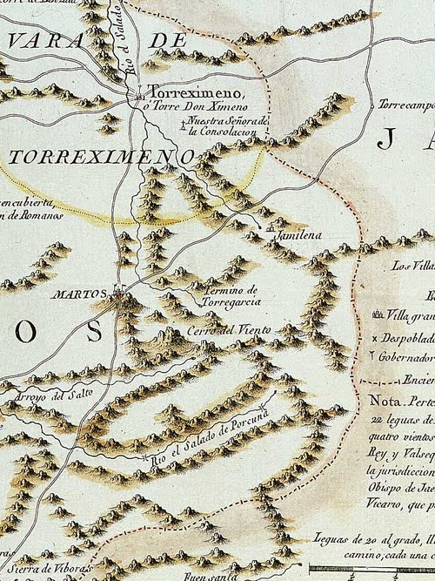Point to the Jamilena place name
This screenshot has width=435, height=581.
pos(297,236)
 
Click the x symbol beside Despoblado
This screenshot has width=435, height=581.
pos(375,336)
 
